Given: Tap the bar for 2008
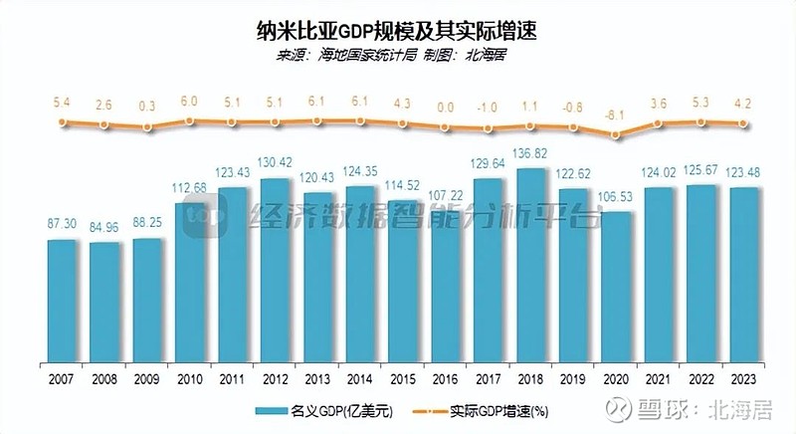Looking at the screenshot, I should (x=104, y=303).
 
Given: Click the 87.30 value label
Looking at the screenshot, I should (x=62, y=226).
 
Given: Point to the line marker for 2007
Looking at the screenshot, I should (x=62, y=122).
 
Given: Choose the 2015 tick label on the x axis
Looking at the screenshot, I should (x=404, y=378).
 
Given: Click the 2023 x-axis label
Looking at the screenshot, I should (x=746, y=378).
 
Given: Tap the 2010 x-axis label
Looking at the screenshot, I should (x=190, y=378).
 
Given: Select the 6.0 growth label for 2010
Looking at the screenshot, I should (x=190, y=101).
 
